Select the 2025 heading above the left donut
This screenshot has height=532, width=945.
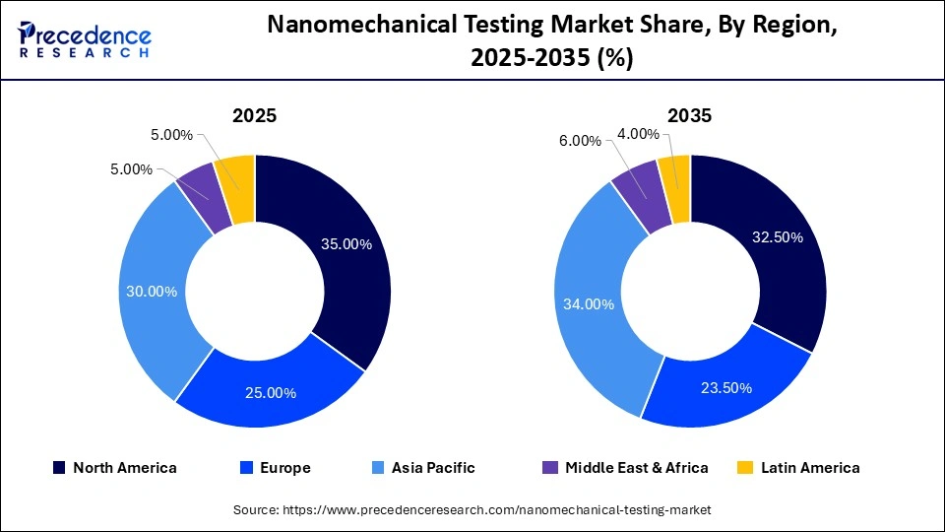point(254,115)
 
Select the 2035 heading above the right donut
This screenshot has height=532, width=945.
point(689,115)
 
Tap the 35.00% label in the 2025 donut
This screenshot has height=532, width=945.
point(346,244)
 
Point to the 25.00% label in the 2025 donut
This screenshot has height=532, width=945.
point(271,392)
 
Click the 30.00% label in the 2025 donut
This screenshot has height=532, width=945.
point(152,292)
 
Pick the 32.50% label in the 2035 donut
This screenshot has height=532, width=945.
point(778,237)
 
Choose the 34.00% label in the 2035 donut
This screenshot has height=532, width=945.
point(588,304)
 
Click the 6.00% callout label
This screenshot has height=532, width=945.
point(580,141)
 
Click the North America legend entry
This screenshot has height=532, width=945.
point(115,468)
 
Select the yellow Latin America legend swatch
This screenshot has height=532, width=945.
point(746,468)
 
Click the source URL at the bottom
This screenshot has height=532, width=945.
point(472,509)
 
